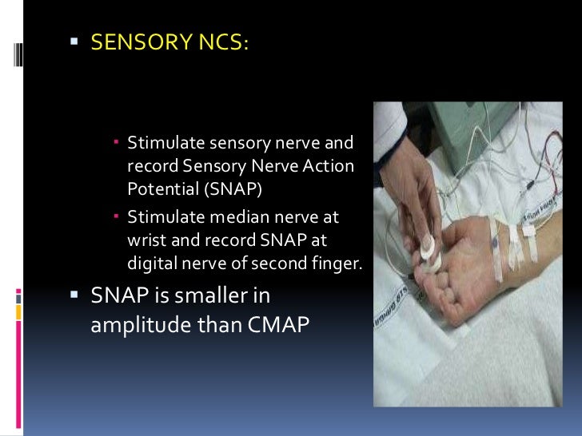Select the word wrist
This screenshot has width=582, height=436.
pyautogui.click(x=145, y=239)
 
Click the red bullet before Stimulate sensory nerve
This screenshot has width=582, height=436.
pyautogui.click(x=116, y=145)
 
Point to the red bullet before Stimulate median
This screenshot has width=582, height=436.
pyautogui.click(x=116, y=217)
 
